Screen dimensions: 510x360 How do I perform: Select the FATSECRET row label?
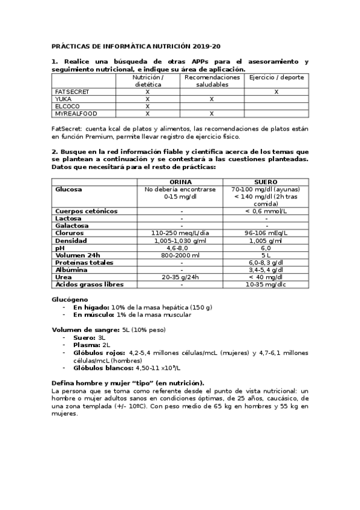(72, 91)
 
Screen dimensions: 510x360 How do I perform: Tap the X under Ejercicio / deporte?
(276, 91)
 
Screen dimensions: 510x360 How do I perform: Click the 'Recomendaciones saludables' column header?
(212, 81)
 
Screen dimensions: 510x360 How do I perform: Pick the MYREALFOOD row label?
(76, 113)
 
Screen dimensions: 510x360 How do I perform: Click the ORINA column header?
(181, 182)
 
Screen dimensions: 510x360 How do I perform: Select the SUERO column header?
(266, 182)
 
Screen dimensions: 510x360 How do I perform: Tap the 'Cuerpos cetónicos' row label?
(87, 211)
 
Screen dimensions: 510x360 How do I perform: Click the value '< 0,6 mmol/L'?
(266, 211)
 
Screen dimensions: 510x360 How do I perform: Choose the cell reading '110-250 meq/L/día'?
(181, 233)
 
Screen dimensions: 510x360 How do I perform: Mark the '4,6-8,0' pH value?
(181, 248)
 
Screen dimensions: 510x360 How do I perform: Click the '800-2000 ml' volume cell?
(181, 255)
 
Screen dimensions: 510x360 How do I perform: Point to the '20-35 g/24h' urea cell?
(181, 277)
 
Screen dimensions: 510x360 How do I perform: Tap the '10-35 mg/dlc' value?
(266, 284)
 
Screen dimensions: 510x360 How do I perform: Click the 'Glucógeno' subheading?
(70, 299)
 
